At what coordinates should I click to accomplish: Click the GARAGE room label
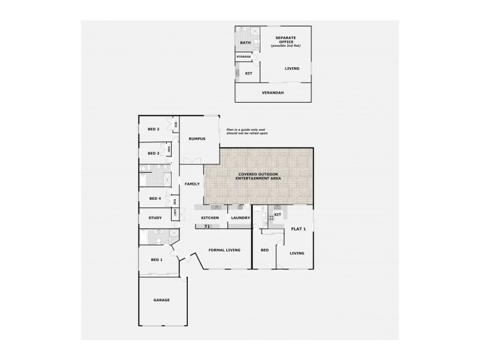pos(161,299)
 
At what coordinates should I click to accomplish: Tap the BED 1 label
pos(157,260)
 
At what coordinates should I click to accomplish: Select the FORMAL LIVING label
pos(224,250)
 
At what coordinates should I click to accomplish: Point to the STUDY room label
pos(155,218)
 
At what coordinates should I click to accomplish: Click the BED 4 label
pos(155,198)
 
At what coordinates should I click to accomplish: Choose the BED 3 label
pos(154,153)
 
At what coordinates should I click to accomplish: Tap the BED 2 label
pos(154,129)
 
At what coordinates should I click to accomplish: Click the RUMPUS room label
pos(197,139)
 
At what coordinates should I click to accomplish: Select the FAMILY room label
pos(192,184)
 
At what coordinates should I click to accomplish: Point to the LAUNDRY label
pos(240,218)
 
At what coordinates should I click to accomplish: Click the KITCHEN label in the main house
pos(209,218)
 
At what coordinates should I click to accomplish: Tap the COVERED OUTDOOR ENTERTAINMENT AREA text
pos(259,177)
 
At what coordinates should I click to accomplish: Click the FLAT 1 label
pos(298,229)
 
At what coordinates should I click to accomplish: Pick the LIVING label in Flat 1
pos(297,253)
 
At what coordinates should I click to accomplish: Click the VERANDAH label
pos(272,92)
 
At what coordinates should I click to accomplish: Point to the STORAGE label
pos(244,56)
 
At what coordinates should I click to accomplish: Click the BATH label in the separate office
pos(245,43)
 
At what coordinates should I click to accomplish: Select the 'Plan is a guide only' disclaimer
pos(245,131)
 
